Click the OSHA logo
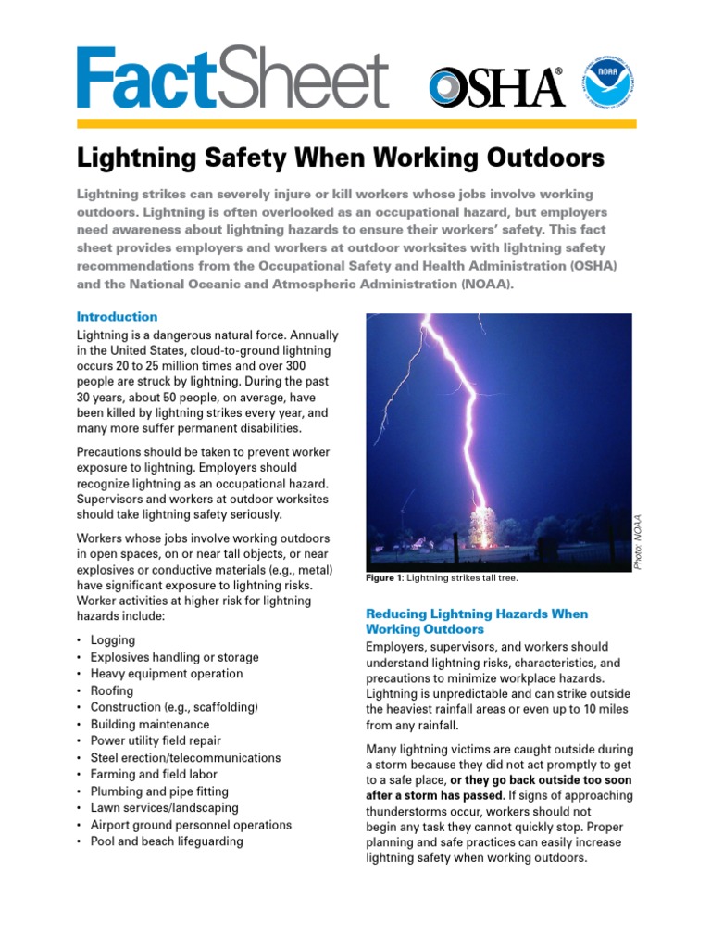coord(496,87)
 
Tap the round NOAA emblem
coord(605,84)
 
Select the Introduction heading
coord(117,316)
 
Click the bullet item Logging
coord(113,640)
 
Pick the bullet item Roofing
coord(112,690)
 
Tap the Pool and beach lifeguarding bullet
coord(167,841)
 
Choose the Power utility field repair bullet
coord(156,740)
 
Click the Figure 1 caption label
coord(387,578)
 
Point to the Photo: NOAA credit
coord(637,542)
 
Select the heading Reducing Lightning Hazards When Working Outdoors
coord(477,622)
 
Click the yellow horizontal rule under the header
coord(355,123)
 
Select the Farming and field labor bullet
coord(154,774)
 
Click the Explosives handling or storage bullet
coord(174,657)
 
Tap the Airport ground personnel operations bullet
coord(191,825)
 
